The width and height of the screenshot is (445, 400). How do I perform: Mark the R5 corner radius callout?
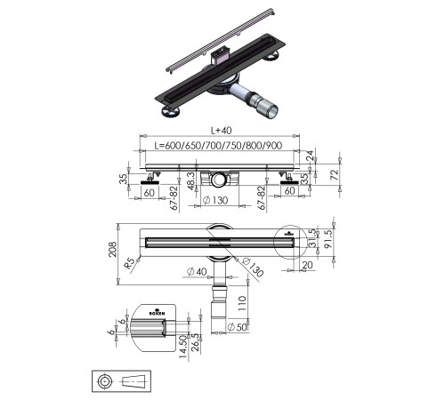131,263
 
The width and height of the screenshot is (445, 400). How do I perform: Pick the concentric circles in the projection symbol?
106,380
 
